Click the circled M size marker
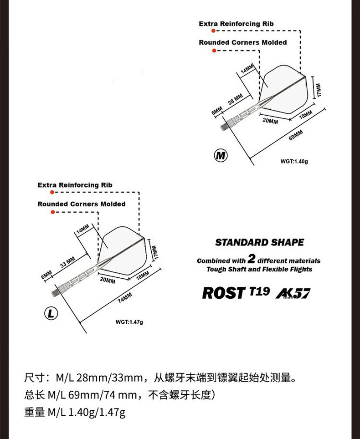[x=221, y=155]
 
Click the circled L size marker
[x=51, y=313]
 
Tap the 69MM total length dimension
[x=296, y=135]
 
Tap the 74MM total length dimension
[x=124, y=298]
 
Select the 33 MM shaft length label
[x=67, y=263]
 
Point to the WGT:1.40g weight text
[x=294, y=161]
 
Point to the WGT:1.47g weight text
[x=129, y=322]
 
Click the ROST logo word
[x=223, y=293]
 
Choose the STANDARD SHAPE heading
[x=259, y=243]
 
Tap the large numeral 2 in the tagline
[x=251, y=260]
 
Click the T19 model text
[x=260, y=291]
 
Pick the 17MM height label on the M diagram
[x=319, y=89]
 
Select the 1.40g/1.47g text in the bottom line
[x=97, y=413]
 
